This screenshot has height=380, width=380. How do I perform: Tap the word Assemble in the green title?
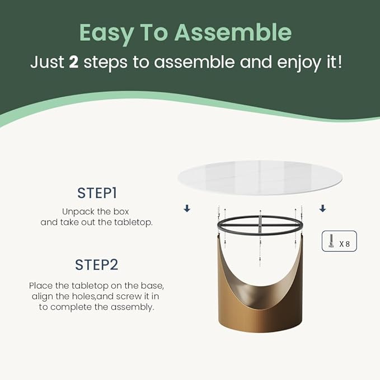[x=233, y=32]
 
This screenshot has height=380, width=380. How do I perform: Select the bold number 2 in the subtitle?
[x=74, y=62]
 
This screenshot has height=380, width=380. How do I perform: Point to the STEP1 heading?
[x=97, y=193]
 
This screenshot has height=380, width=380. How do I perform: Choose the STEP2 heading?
[x=97, y=265]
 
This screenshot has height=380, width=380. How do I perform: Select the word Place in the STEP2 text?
[x=41, y=286]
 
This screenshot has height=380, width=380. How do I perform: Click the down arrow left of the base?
[x=187, y=208]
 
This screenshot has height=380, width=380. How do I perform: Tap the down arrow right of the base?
[x=322, y=208]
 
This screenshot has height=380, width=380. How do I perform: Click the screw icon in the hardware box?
[x=331, y=241]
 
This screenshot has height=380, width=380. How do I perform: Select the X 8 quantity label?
[x=344, y=244]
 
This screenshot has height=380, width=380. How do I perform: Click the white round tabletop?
[x=260, y=177]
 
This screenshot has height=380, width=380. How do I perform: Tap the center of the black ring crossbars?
[x=260, y=225]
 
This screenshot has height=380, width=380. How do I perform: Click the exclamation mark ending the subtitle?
[x=340, y=62]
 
